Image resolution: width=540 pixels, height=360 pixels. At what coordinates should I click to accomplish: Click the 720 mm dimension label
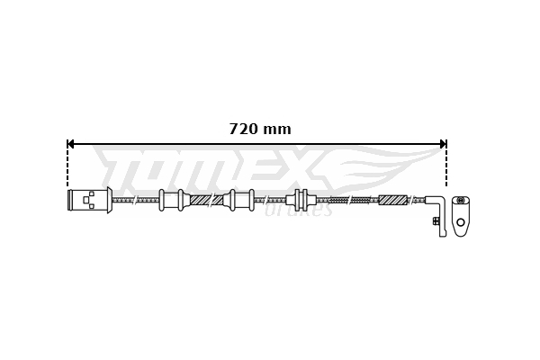pyautogui.click(x=260, y=129)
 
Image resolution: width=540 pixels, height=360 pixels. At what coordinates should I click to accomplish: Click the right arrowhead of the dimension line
pyautogui.click(x=441, y=143)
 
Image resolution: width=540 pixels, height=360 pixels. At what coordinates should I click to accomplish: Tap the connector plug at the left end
pyautogui.click(x=87, y=200)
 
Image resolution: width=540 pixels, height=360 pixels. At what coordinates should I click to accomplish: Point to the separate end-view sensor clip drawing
pyautogui.click(x=461, y=215)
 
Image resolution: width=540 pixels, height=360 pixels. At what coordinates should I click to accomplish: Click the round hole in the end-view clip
pyautogui.click(x=461, y=221)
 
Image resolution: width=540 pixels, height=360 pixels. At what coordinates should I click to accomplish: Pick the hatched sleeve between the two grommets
pyautogui.click(x=206, y=200)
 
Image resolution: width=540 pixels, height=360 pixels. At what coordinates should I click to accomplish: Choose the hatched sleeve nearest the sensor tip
pyautogui.click(x=393, y=200)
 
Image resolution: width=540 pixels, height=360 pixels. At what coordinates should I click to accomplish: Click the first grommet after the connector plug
pyautogui.click(x=171, y=200)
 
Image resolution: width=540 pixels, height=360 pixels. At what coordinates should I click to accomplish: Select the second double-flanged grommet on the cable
pyautogui.click(x=241, y=200)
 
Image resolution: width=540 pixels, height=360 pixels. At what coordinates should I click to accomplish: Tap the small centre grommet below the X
pyautogui.click(x=300, y=200)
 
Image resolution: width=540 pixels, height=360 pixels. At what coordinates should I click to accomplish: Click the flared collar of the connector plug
pyautogui.click(x=109, y=200)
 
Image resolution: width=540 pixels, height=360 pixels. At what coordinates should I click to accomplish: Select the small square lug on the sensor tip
pyautogui.click(x=436, y=220)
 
